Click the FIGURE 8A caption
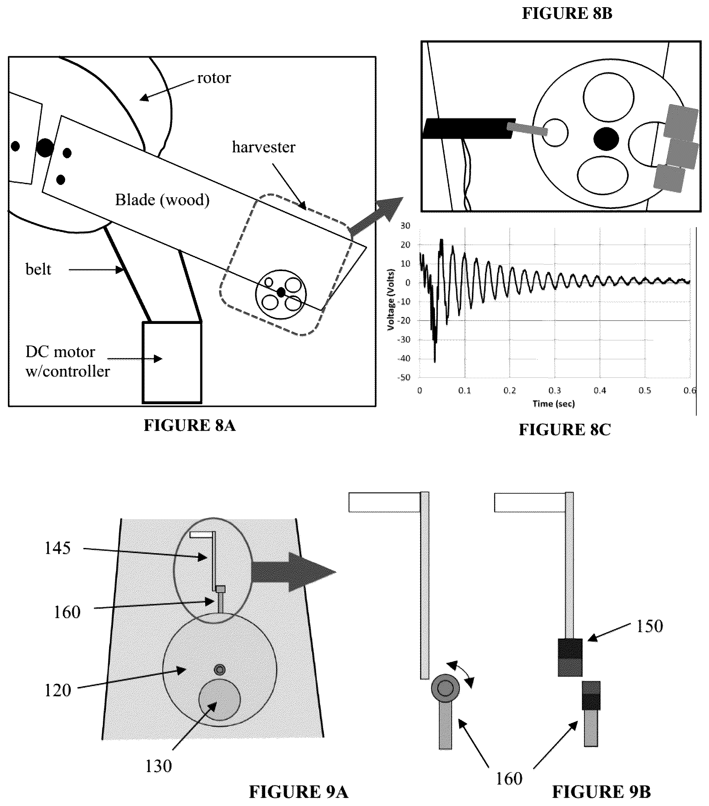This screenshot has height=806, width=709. [190, 425]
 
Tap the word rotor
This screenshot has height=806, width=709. [214, 78]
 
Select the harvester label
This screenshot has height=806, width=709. [264, 147]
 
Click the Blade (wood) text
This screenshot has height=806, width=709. [162, 200]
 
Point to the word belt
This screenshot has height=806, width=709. [38, 269]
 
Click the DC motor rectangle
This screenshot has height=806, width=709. [172, 362]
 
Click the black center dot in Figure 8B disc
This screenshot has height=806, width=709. [606, 139]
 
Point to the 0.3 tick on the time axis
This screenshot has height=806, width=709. [555, 390]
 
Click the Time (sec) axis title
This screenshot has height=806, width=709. [554, 404]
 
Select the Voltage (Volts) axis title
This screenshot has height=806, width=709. [391, 300]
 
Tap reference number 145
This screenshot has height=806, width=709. [58, 548]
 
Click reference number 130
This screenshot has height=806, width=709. [158, 766]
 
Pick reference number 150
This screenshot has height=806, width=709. [650, 626]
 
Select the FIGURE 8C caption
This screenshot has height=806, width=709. [565, 430]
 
